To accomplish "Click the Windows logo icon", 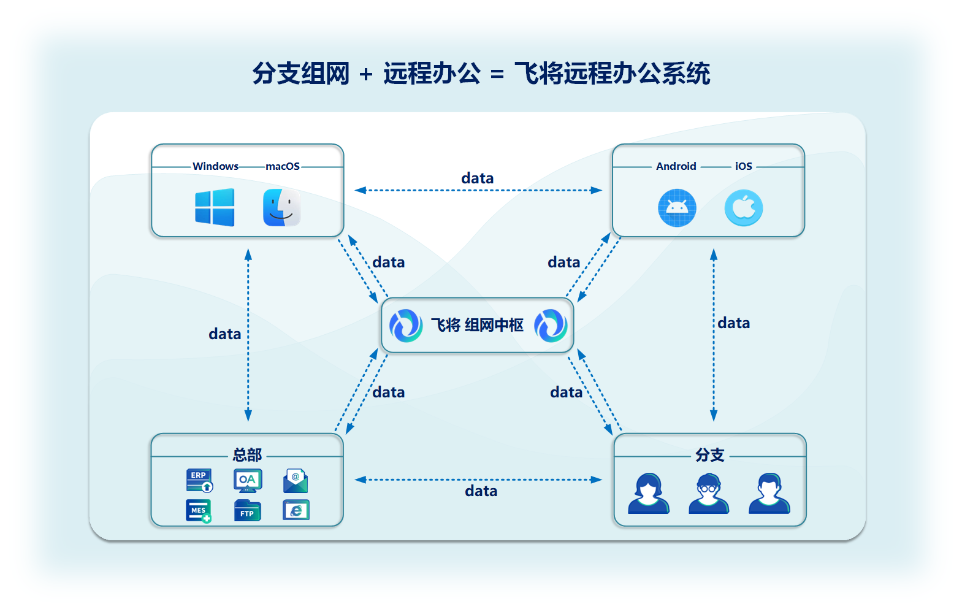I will coord(215,207).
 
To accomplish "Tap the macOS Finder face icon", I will coord(281,207).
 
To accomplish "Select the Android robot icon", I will coord(677,208).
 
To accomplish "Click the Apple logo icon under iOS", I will coord(744,208).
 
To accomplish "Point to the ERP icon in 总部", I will coord(199,480).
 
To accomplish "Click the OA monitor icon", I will coord(248,480).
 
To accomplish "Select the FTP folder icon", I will coord(248,511).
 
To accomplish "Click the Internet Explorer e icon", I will coord(296,510).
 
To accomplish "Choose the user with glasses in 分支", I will coord(709,493).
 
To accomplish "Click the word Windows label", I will coord(215,166).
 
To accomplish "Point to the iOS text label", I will coord(744,166).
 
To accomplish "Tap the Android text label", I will coord(676,166).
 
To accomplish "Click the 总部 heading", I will coord(247,455).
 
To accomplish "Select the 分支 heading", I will coord(710,455).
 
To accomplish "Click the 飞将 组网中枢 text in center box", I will coord(477,325).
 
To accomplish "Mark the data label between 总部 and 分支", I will coord(481,491).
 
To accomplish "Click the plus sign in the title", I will coord(366,75).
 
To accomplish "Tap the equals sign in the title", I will coord(497,75).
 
